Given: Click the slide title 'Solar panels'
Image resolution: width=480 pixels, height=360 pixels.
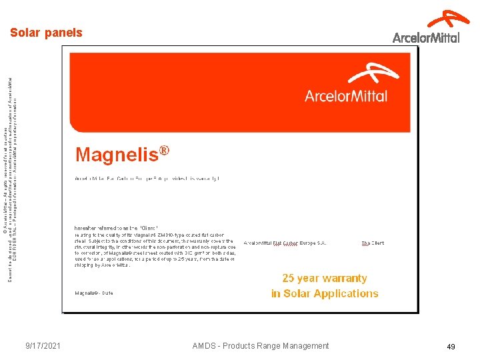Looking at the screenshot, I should tap(46, 33).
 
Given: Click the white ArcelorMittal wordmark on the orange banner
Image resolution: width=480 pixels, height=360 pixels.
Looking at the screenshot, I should tap(346, 96).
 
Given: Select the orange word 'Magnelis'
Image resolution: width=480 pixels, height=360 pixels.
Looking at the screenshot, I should tap(117, 155).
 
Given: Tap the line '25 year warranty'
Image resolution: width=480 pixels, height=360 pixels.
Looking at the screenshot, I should tap(325, 279).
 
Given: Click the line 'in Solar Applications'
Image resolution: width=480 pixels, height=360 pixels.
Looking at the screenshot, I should tap(325, 293).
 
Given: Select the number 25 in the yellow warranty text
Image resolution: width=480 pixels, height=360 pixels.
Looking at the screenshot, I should tap(289, 279).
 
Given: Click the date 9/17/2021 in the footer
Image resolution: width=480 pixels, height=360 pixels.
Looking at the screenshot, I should tap(43, 345).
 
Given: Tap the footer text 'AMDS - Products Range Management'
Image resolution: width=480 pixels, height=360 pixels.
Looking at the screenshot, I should tap(261, 345).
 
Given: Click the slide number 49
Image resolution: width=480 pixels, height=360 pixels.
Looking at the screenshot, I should tap(451, 346).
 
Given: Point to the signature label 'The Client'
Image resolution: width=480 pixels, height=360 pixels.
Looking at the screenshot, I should tap(373, 243).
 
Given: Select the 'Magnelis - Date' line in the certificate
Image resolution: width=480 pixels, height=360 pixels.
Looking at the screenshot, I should tap(94, 293).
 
